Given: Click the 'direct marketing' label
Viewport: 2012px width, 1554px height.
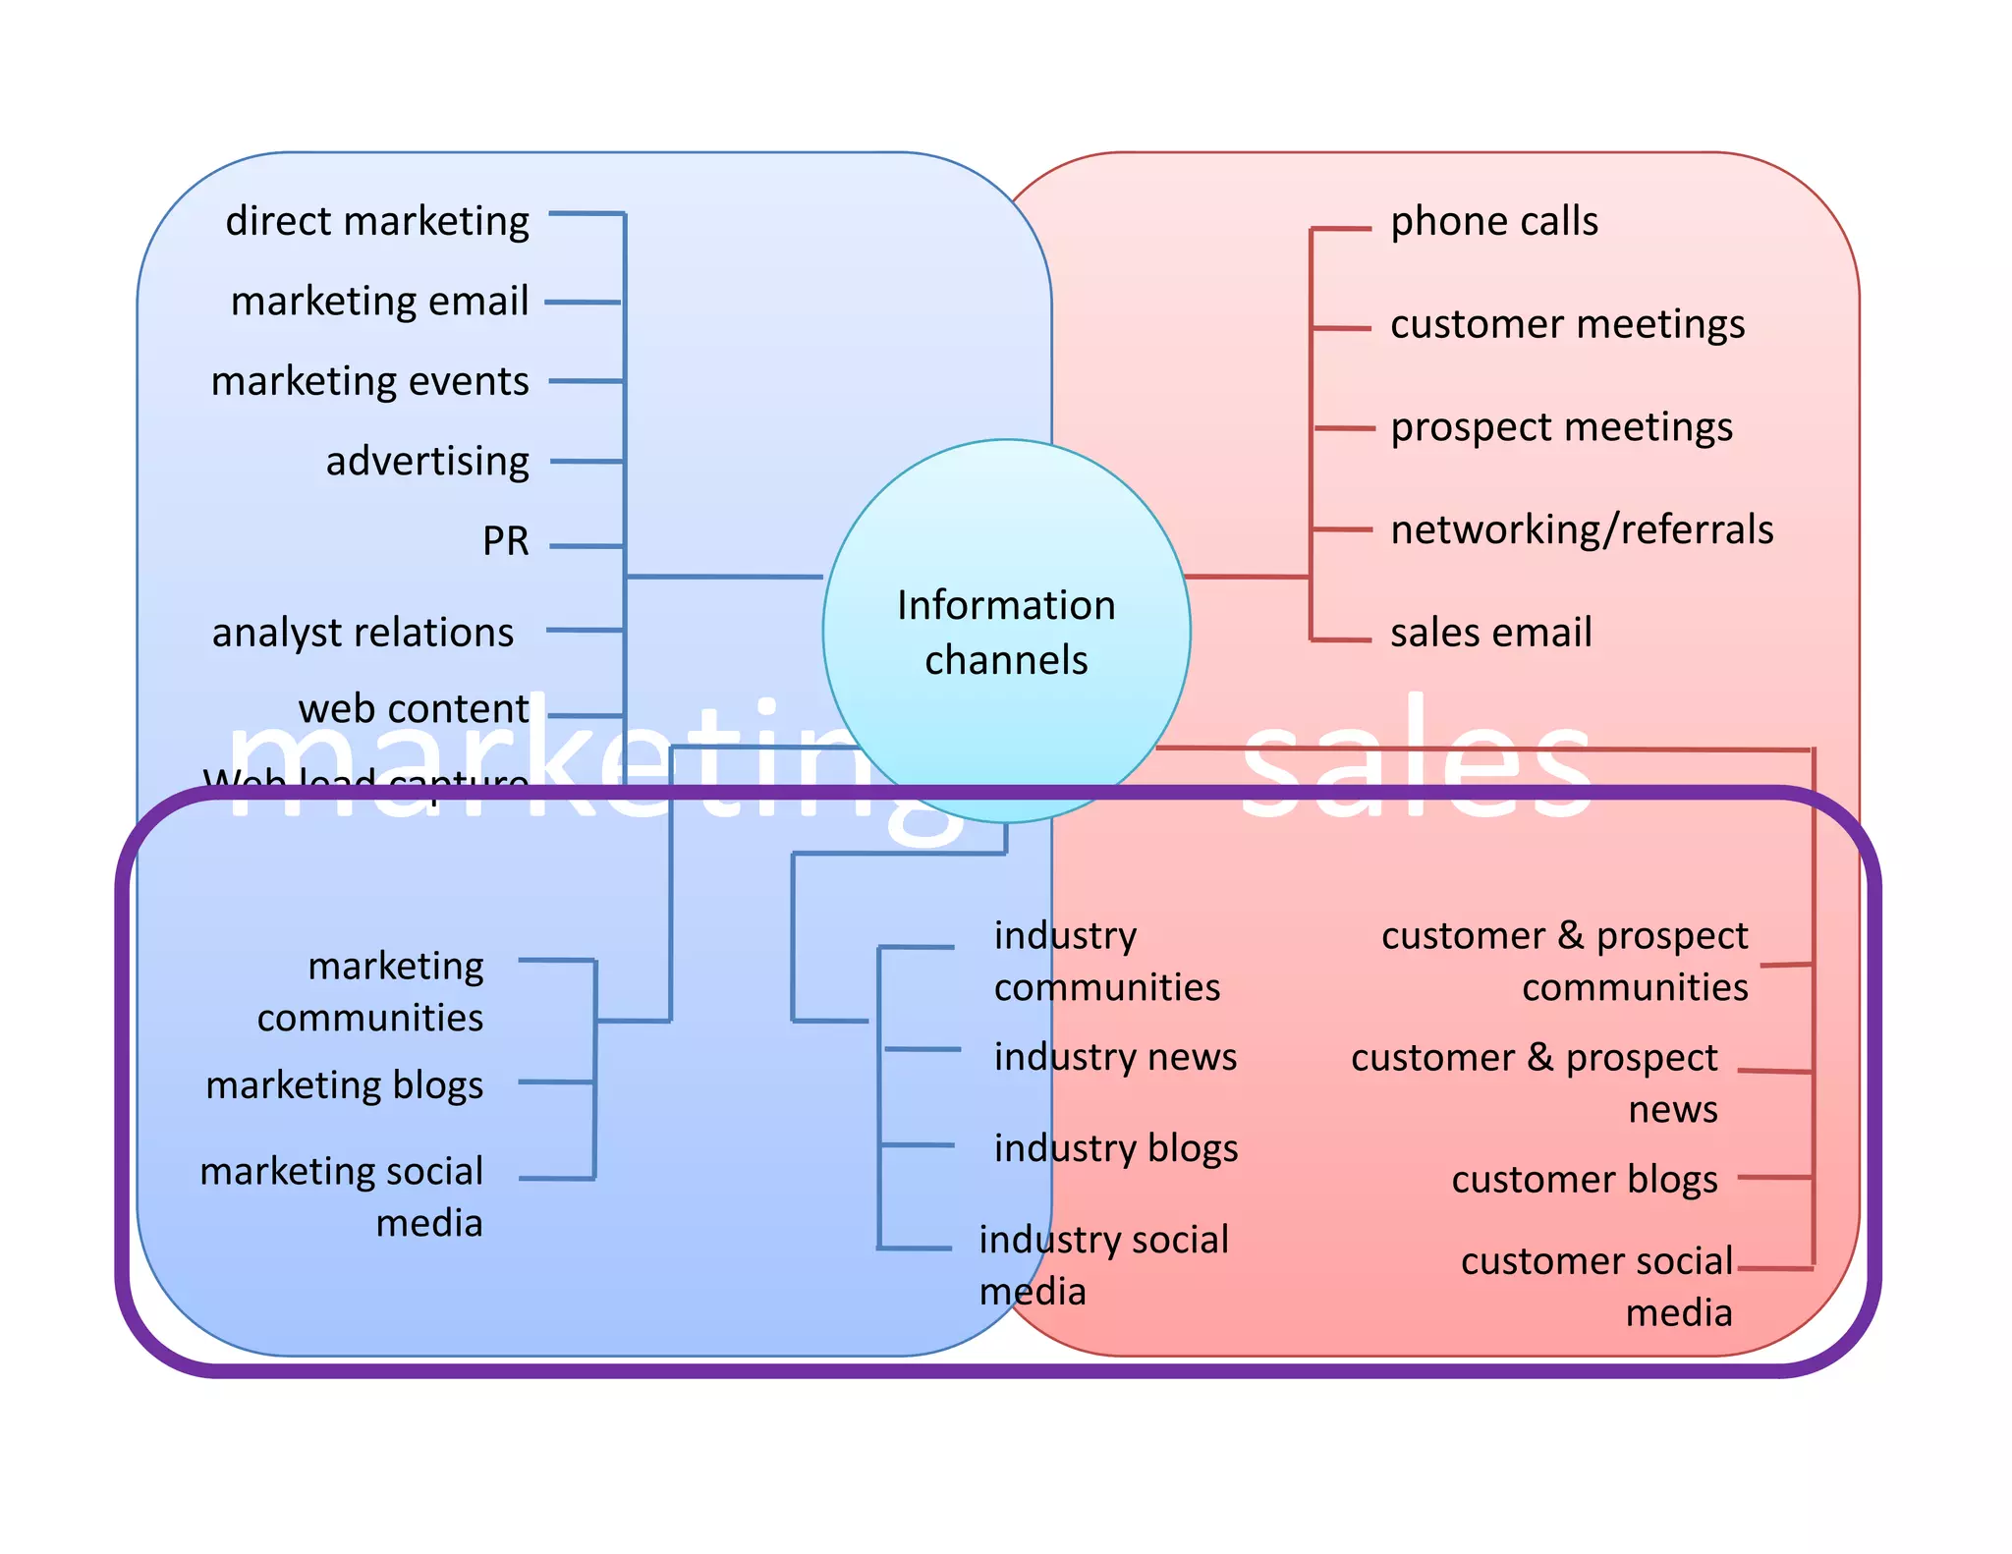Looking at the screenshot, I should tap(377, 221).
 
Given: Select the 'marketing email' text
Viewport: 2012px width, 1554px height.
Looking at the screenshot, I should tap(379, 301).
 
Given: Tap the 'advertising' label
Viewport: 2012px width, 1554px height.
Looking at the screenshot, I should tap(427, 461).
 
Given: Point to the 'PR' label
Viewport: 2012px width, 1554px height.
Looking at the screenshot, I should tap(505, 540).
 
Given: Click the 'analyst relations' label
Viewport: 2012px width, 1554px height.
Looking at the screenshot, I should tap(363, 632).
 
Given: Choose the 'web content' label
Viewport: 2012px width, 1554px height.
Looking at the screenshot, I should tap(414, 708).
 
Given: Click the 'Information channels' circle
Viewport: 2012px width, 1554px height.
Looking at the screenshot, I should tap(1006, 631).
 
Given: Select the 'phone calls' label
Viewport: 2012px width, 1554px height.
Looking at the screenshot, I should tap(1493, 221).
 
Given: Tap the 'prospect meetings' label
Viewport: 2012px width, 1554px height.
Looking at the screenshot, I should tap(1561, 427).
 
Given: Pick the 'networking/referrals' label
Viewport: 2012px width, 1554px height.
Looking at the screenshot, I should tap(1582, 529).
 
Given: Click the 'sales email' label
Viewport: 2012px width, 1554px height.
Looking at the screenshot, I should tap(1490, 633).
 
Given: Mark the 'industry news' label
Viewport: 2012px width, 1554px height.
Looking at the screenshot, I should tap(1115, 1057).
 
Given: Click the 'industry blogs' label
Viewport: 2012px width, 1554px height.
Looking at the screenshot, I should tap(1116, 1148).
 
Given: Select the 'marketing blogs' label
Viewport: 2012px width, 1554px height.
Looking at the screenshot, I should tap(345, 1085).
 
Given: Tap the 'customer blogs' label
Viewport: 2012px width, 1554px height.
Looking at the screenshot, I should tap(1585, 1179).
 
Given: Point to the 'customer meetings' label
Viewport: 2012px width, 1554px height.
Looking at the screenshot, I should tap(1567, 324).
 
